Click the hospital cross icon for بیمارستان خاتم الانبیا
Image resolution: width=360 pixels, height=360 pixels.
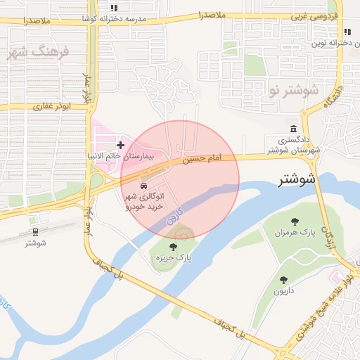(120, 144)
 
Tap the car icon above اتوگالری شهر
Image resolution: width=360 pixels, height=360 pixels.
(143, 186)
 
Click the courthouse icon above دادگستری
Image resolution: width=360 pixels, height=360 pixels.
(293, 128)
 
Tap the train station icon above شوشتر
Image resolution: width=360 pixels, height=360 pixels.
(34, 231)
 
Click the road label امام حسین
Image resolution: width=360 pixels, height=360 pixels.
(202, 159)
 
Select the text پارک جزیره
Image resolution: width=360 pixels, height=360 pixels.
(175, 258)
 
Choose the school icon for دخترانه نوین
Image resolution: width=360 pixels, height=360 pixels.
(347, 32)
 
